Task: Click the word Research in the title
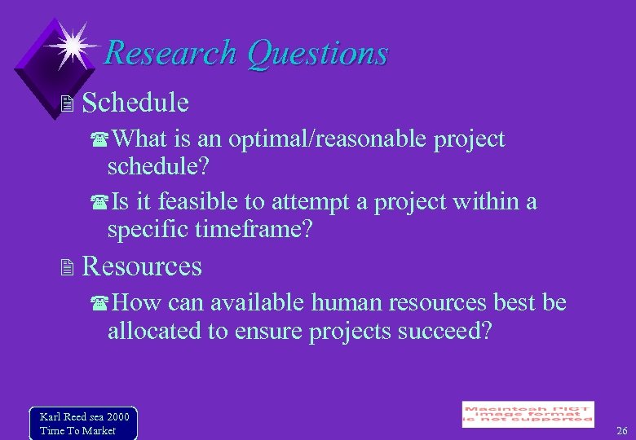click(x=171, y=54)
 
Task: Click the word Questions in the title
click(x=317, y=54)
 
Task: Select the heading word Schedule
click(x=135, y=103)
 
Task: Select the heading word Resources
click(x=142, y=266)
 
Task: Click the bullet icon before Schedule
click(x=68, y=104)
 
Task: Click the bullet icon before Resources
click(x=68, y=268)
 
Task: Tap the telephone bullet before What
click(x=102, y=140)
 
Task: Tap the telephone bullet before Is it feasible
click(x=102, y=202)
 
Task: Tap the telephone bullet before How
click(x=102, y=304)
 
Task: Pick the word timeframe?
click(x=254, y=229)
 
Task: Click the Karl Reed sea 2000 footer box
click(x=82, y=423)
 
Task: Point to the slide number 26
click(x=621, y=430)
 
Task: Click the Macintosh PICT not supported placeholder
click(x=528, y=414)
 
